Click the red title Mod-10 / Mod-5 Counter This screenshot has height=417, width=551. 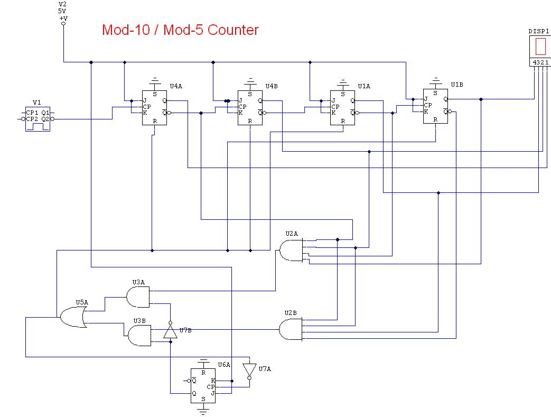pos(180,30)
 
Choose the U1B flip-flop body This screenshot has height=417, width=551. pos(435,106)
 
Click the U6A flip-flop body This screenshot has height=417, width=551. pos(203,386)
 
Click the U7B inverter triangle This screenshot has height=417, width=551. pos(170,331)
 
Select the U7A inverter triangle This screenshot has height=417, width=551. pos(249,370)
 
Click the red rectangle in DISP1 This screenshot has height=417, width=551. pos(540,47)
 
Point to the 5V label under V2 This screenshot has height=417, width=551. pos(62,11)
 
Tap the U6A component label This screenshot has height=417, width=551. pos(224,365)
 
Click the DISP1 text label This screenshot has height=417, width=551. pos(539,31)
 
